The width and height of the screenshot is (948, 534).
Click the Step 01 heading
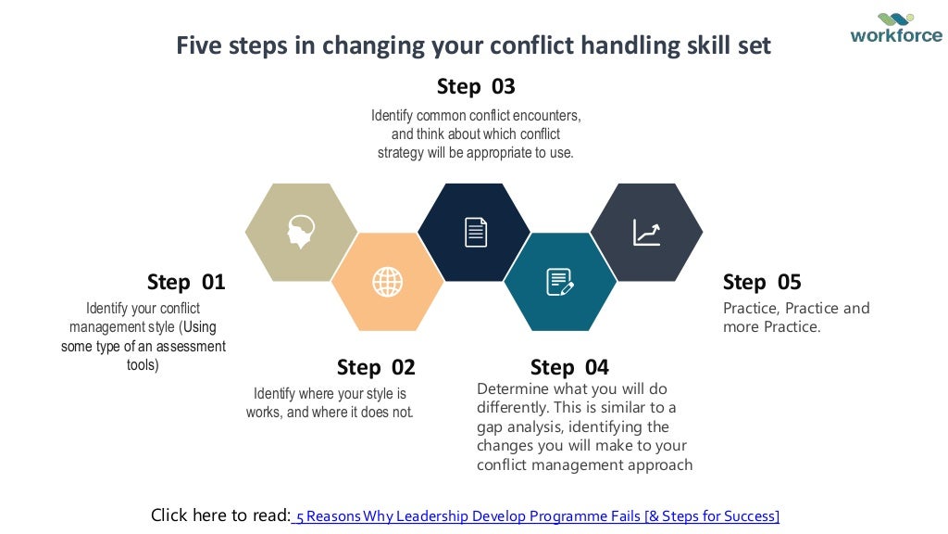tap(186, 282)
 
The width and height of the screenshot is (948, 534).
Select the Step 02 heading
tap(376, 367)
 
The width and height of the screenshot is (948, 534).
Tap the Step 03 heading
tap(476, 87)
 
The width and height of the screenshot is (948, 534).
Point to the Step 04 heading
tap(569, 367)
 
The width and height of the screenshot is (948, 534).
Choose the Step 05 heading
tap(762, 282)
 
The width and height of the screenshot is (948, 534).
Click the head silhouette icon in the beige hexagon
tap(301, 232)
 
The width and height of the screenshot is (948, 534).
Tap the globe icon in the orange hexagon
tap(387, 282)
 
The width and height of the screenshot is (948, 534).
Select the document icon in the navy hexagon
tap(475, 232)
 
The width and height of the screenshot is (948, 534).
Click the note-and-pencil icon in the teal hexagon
tap(560, 282)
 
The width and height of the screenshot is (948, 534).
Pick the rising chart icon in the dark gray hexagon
tap(646, 232)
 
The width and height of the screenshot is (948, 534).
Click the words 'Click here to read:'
tap(220, 515)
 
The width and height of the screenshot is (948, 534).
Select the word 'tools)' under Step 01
tap(143, 365)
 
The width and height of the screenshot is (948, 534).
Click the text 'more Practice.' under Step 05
tap(771, 327)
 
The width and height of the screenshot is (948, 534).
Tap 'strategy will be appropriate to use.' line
tap(475, 153)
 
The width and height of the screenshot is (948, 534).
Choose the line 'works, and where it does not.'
tap(330, 413)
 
